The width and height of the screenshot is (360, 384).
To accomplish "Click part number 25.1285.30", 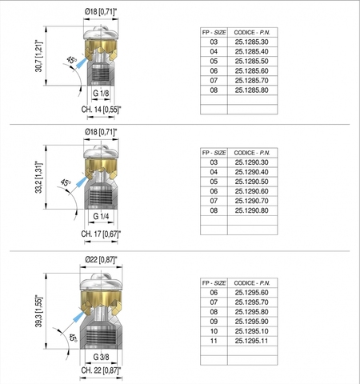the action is click(x=251, y=42).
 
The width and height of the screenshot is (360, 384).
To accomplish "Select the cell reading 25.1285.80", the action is click(x=251, y=90).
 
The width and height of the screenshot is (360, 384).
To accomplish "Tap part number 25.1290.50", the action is click(x=251, y=182).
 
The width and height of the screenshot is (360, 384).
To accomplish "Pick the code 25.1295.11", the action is click(x=251, y=341).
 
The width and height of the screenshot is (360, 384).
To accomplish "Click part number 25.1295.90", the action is click(x=251, y=322).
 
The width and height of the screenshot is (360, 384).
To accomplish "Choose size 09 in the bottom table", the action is click(x=214, y=322).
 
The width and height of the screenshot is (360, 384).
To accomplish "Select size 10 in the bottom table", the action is click(x=214, y=331).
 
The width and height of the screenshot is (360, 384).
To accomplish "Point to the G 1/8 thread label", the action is click(x=101, y=93).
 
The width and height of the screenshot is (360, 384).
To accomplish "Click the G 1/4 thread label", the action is click(x=101, y=216).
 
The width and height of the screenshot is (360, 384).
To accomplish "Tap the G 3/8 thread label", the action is click(x=101, y=357).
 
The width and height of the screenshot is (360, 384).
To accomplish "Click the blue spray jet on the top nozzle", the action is click(x=82, y=63).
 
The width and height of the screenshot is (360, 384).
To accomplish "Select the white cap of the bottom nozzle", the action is click(x=101, y=282).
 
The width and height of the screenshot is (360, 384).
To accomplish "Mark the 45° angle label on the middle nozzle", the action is click(x=66, y=183).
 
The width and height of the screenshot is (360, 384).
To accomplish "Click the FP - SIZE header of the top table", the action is click(x=214, y=33).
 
